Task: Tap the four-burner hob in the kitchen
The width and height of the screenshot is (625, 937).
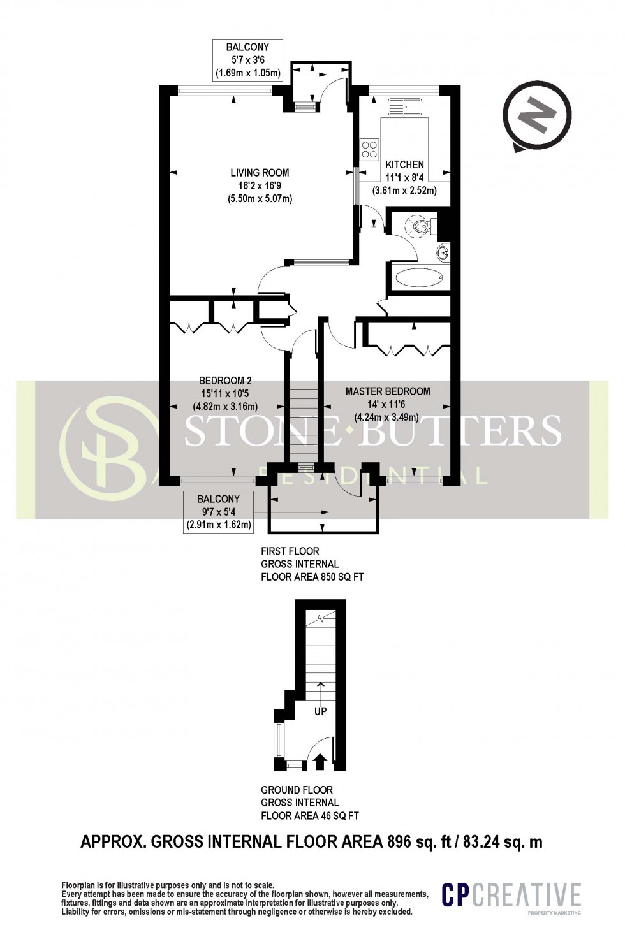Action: click(x=369, y=149)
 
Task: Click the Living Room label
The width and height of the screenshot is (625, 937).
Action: click(x=260, y=172)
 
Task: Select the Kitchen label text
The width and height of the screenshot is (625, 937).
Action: click(x=404, y=164)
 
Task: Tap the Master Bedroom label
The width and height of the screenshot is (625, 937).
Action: click(x=388, y=391)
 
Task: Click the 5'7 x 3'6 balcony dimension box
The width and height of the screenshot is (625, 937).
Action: click(x=247, y=60)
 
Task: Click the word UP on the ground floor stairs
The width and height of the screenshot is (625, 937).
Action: click(x=320, y=710)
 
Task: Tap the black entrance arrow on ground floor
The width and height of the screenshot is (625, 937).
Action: click(x=320, y=759)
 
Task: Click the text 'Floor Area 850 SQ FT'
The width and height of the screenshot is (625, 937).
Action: click(x=312, y=577)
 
